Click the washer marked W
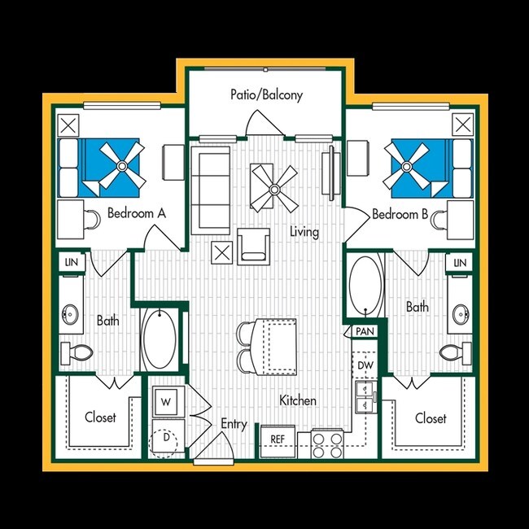pyautogui.click(x=165, y=402)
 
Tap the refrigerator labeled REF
pyautogui.click(x=278, y=439)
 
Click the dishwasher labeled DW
pyautogui.click(x=365, y=366)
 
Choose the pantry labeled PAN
pyautogui.click(x=363, y=331)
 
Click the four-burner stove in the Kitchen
pyautogui.click(x=328, y=444)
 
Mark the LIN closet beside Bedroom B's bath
pyautogui.click(x=459, y=262)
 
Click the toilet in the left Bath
pyautogui.click(x=76, y=352)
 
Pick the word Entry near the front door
pyautogui.click(x=234, y=424)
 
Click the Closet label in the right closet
pyautogui.click(x=430, y=418)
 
